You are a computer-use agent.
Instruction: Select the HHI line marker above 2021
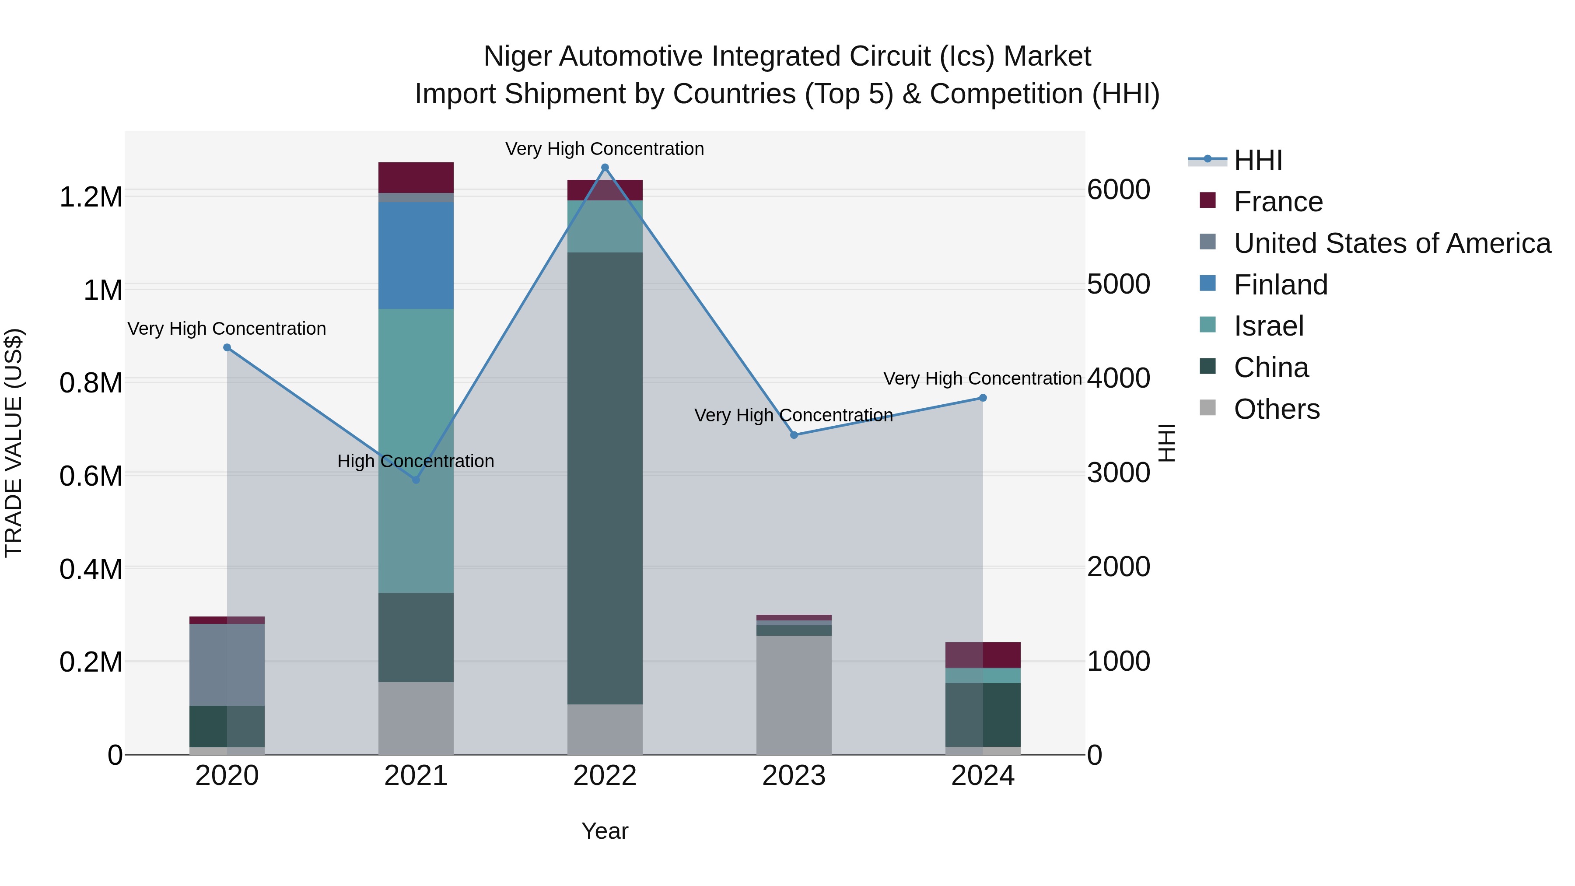tap(416, 480)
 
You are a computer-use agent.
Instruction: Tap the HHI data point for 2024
tap(983, 398)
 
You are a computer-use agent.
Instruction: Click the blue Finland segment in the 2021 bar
tap(416, 256)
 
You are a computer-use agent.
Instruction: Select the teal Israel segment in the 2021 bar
tap(416, 451)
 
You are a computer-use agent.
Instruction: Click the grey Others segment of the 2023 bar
tap(794, 695)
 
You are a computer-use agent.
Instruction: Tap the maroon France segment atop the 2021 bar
tap(416, 177)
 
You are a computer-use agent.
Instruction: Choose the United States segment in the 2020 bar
tap(227, 665)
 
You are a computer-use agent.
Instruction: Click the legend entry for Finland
tap(1280, 285)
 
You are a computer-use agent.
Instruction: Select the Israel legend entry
tap(1269, 326)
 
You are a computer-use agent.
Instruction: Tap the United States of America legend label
tap(1392, 243)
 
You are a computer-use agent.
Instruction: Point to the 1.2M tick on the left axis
tap(91, 197)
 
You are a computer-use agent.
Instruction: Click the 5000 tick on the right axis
tap(1118, 284)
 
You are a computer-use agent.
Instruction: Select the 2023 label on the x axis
tap(794, 776)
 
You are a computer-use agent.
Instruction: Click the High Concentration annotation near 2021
tap(416, 461)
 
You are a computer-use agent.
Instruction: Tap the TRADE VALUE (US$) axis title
tap(14, 443)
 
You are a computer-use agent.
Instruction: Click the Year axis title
tap(605, 831)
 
